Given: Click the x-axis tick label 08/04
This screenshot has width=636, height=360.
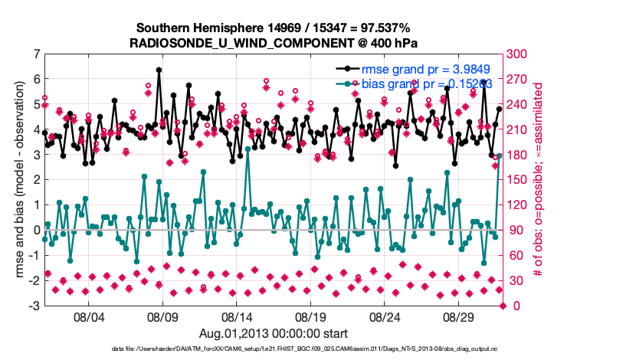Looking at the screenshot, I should (x=88, y=316).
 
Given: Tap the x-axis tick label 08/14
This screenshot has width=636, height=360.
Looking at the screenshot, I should (x=237, y=316).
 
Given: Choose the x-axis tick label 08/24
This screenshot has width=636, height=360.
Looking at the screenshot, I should (x=386, y=316).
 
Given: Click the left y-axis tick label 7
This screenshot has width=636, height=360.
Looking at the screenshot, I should (x=35, y=54).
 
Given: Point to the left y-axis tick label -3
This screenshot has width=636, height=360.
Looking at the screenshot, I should (x=33, y=306).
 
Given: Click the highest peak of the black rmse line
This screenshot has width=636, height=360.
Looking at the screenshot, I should (x=159, y=70).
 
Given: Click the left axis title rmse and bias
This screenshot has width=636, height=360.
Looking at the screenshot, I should (x=18, y=180).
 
